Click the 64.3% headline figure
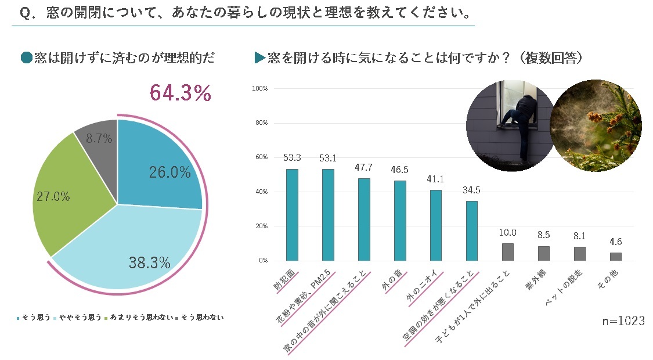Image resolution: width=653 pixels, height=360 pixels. coord(180,93)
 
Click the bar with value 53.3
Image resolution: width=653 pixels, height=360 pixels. coord(291,215)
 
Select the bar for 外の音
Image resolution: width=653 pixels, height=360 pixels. coord(400,221)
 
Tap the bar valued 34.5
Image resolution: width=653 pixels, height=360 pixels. coord(471,231)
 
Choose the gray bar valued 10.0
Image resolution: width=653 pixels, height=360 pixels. coord(507,252)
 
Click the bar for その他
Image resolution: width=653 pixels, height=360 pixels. coord(615,257)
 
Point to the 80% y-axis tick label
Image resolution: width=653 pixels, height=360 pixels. coord(259,123)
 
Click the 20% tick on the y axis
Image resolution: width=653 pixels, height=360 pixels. coord(259,226)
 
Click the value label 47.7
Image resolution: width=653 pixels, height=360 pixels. coord(363,168)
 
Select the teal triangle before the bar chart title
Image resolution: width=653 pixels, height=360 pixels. coord(259,58)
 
